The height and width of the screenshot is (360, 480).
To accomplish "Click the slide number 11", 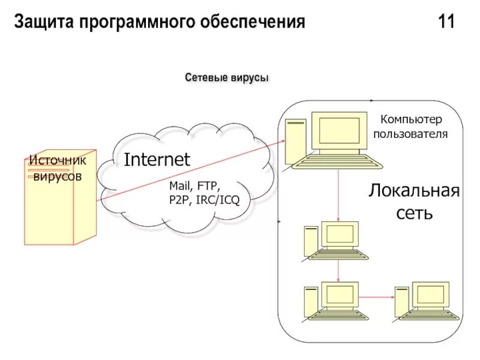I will [446, 23].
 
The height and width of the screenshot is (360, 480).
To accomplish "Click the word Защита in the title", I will [41, 23].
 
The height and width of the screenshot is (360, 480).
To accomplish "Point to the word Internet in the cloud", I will [157, 160].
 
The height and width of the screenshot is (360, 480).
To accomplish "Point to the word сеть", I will [414, 212].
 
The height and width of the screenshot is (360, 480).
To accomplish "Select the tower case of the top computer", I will [295, 140].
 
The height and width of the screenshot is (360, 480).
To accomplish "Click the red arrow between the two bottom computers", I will [376, 295].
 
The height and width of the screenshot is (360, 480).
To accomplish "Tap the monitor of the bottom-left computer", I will [340, 294].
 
